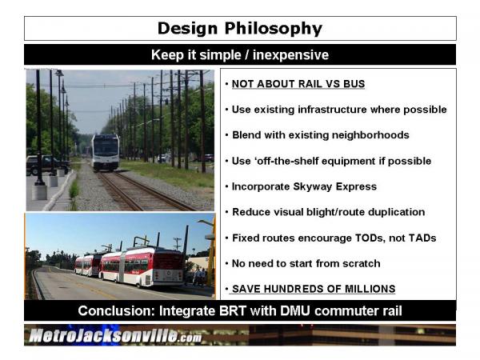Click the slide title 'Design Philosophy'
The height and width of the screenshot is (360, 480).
240,29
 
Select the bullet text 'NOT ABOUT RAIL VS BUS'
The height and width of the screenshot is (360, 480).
298,83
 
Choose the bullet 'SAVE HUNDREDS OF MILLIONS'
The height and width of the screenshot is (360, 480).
314,289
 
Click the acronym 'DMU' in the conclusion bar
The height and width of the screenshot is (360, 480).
295,310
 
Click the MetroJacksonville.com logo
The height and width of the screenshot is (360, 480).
115,335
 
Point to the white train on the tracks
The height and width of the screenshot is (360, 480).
106,152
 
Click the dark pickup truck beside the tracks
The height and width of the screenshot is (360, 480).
46,164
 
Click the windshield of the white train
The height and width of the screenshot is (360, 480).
106,147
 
